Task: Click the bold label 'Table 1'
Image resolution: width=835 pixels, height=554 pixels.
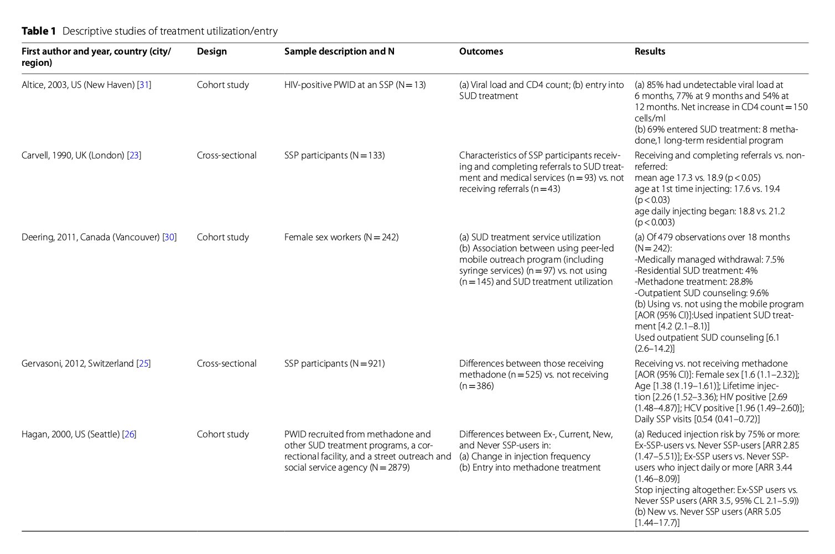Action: click(x=38, y=31)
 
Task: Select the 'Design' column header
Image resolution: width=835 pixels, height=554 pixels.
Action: click(x=211, y=51)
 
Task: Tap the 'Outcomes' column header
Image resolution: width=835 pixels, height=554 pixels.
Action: click(x=481, y=51)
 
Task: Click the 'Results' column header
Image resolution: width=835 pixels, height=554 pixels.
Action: click(x=650, y=51)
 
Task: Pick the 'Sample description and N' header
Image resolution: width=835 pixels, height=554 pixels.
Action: click(x=339, y=51)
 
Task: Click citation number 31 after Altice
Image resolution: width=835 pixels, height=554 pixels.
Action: click(x=144, y=85)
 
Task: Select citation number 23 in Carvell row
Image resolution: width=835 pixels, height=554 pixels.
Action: click(x=134, y=155)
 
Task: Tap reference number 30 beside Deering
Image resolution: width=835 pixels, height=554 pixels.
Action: click(x=169, y=237)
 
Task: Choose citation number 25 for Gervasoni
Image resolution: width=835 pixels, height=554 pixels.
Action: click(x=143, y=364)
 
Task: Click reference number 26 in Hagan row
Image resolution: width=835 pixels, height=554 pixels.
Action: click(x=129, y=435)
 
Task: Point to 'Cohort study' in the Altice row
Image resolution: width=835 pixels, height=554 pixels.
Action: click(x=222, y=85)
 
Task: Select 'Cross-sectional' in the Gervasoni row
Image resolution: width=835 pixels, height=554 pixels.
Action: click(x=226, y=364)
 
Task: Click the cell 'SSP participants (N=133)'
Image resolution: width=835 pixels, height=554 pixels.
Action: click(x=334, y=155)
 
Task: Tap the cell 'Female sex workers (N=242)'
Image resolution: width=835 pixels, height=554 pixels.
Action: click(x=341, y=237)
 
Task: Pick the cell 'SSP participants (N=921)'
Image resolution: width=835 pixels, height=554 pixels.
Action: click(x=334, y=364)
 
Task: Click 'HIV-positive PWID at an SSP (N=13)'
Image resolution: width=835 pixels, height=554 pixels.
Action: click(x=355, y=85)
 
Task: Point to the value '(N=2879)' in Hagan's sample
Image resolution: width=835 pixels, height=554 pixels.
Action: click(x=390, y=468)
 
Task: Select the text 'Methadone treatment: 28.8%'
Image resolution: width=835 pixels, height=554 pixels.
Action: click(x=694, y=282)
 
